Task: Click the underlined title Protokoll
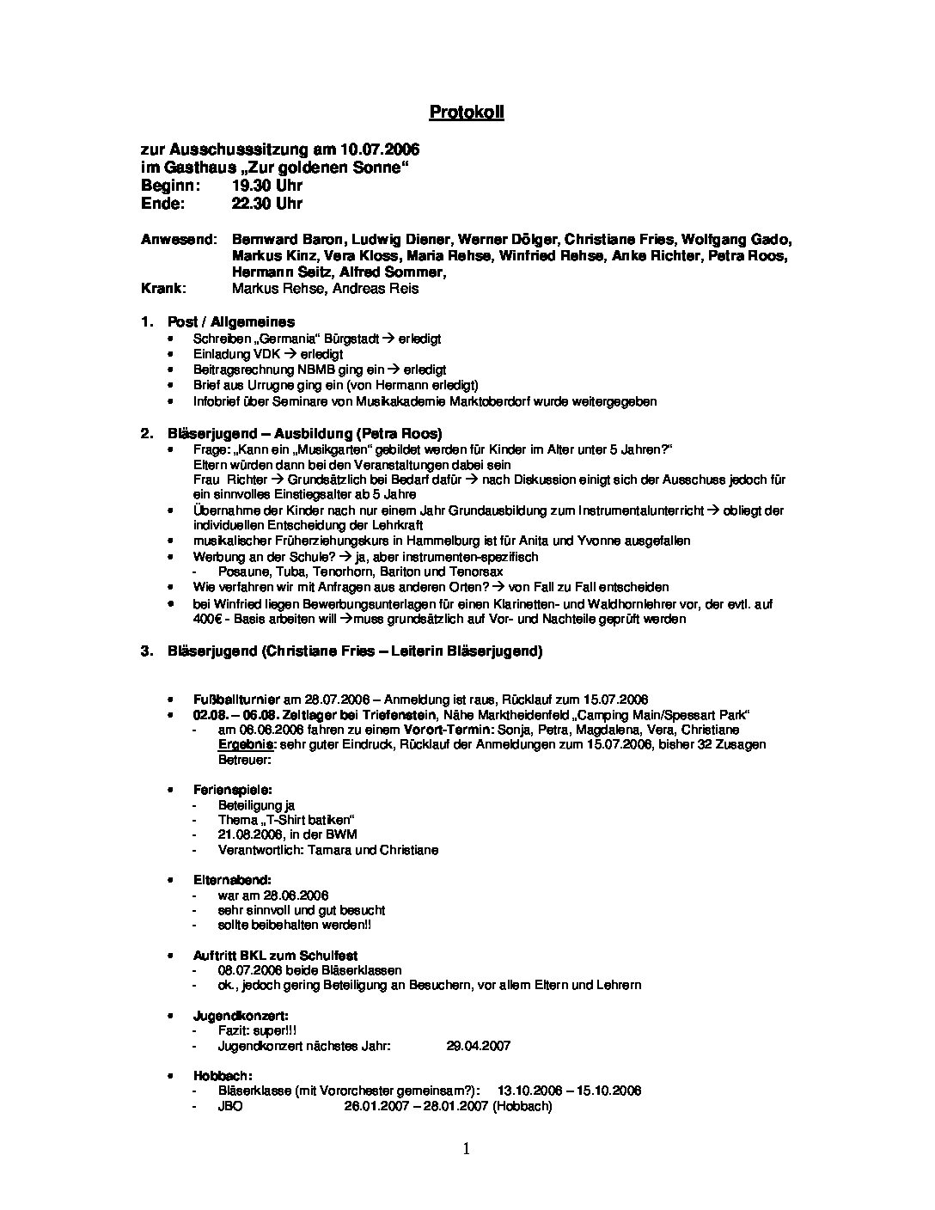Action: pos(466,113)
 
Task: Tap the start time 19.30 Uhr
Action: pos(266,186)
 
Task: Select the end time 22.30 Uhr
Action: pos(266,204)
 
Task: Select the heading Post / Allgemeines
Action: pos(230,322)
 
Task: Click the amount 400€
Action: pos(207,619)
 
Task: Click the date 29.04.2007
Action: pos(479,1046)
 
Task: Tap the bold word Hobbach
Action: pos(223,1076)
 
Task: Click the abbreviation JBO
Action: pos(230,1107)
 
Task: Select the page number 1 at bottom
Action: pos(467,1149)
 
